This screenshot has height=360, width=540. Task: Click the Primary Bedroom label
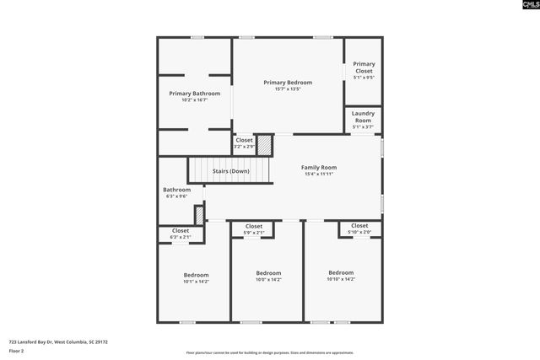coord(288,83)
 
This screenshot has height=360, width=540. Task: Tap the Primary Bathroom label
coord(194,94)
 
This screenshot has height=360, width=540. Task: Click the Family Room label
coord(319,168)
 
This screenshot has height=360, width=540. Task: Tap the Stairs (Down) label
coord(230,171)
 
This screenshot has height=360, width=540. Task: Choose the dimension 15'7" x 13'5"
coord(288,89)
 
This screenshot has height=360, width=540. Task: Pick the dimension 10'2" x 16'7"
coord(194,100)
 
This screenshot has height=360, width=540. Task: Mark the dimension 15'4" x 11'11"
coord(319,175)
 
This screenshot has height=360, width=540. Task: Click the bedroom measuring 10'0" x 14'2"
coord(268,277)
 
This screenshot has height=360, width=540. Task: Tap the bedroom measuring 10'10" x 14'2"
coord(341,276)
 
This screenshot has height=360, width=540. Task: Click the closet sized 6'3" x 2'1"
coord(181,234)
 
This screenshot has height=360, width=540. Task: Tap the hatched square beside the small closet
coord(264,145)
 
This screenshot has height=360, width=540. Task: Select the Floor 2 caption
coord(18,352)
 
